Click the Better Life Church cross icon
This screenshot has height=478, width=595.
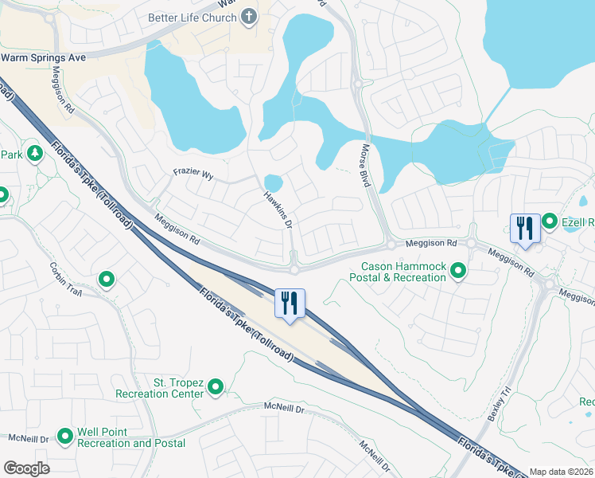coord(250,17)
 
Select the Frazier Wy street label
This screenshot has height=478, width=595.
coord(194,172)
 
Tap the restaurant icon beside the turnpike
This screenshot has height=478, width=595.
coord(290,304)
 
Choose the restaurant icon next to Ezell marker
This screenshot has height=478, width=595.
coord(525,229)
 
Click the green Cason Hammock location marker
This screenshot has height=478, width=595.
coord(458,272)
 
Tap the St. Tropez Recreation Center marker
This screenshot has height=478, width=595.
coord(216,387)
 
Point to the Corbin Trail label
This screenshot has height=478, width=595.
coord(66,280)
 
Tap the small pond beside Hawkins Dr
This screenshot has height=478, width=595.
coord(273,182)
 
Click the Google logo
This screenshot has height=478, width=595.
coord(26,468)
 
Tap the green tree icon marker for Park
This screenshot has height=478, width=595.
coord(34,152)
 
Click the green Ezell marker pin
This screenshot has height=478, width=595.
coord(550,221)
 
